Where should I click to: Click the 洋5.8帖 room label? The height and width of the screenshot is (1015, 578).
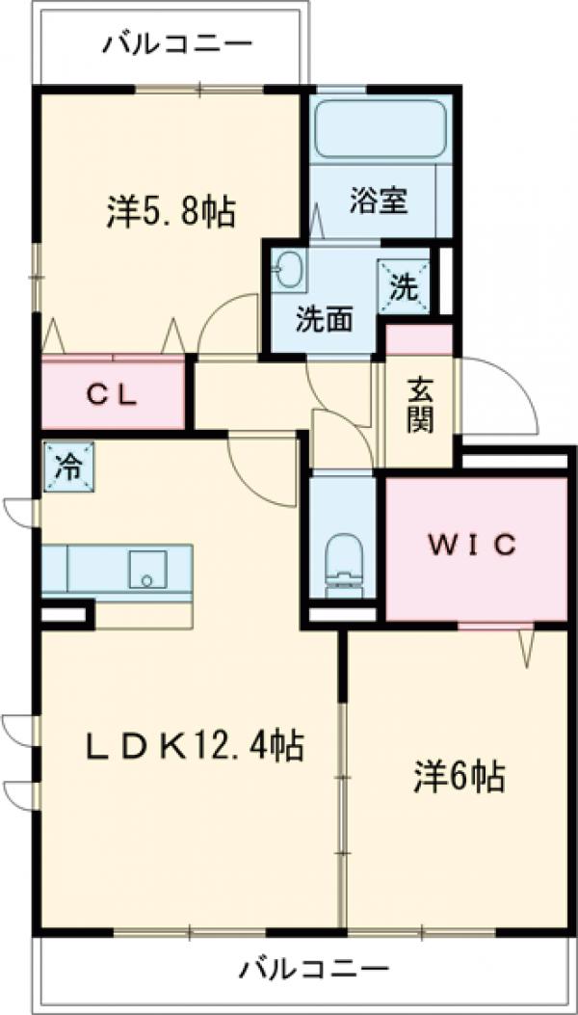coord(171,211)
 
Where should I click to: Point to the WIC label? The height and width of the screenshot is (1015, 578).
coord(473,544)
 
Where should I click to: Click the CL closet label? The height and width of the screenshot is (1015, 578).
coord(114,393)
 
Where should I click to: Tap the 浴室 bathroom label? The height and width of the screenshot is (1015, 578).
coord(379,201)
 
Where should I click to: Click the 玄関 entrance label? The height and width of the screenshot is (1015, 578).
coord(419,406)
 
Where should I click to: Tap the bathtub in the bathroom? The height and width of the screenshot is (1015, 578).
coord(381,130)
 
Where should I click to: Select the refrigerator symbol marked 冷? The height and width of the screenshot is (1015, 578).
coord(68,467)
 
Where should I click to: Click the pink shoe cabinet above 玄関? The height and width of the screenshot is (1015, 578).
coord(419,339)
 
